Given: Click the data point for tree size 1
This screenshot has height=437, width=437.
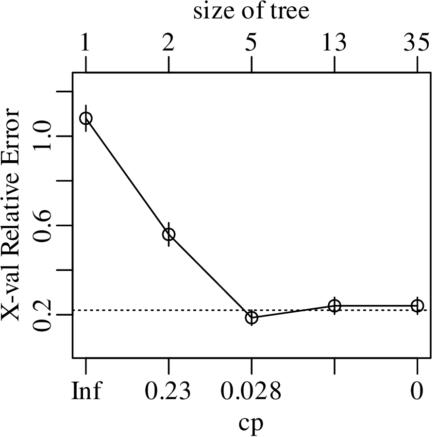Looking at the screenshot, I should click(86, 118).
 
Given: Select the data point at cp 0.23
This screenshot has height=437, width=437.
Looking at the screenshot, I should click(168, 234).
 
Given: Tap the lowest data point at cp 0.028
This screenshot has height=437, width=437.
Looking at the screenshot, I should click(252, 318).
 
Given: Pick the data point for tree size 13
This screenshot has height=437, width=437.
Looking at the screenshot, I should click(335, 305).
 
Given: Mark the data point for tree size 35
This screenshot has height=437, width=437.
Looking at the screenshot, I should click(417, 305).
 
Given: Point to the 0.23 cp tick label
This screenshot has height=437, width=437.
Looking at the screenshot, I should click(168, 391).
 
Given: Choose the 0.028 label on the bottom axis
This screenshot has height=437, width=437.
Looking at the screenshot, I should click(252, 391).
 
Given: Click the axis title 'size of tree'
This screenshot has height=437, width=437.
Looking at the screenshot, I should click(252, 12).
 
